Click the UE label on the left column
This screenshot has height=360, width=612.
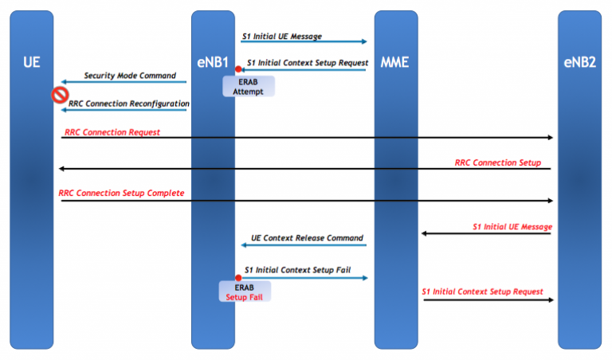[32, 61]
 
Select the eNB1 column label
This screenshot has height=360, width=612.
[213, 61]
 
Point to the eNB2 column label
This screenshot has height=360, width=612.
[579, 61]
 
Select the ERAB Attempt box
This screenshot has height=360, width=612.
[248, 86]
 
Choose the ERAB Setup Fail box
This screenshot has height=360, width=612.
[245, 292]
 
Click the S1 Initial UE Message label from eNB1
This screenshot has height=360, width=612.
[282, 36]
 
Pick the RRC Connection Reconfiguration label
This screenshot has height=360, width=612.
[129, 104]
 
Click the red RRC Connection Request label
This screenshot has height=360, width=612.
[109, 131]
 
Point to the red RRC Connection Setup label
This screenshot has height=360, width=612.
[497, 162]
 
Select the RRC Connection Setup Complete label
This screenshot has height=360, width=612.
[121, 194]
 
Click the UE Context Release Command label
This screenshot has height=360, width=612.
[307, 238]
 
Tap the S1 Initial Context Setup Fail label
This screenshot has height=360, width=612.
[297, 270]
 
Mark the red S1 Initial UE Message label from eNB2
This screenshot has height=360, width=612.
[512, 227]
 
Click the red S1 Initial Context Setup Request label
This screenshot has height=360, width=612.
[482, 292]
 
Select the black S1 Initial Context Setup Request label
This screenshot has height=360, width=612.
[307, 62]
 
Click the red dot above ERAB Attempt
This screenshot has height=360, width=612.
[237, 70]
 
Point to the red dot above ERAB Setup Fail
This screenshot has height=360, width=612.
[237, 278]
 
